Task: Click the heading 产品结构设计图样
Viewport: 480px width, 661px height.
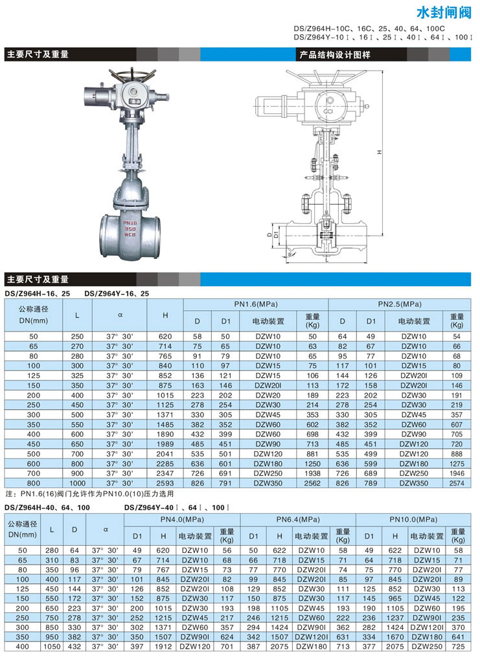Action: pos(335,54)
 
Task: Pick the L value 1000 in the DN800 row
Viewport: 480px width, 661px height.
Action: pos(78,482)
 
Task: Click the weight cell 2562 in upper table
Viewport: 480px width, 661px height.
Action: pos(313,482)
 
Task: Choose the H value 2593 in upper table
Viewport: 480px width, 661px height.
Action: pos(166,482)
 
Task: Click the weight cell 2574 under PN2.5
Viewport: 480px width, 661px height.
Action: pos(457,482)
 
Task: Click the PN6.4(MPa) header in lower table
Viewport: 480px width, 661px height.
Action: pos(299,519)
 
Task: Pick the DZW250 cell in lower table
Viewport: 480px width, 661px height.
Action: pos(428,655)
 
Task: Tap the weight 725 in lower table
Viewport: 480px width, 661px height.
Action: pos(458,655)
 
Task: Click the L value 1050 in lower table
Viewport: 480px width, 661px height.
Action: pos(53,655)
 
